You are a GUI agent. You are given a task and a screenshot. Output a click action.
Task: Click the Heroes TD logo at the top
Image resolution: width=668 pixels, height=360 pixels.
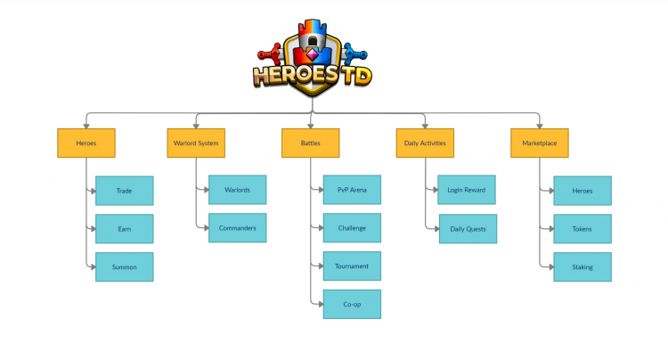(x=312, y=58)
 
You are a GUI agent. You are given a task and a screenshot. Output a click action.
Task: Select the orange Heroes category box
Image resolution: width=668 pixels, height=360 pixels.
(x=86, y=143)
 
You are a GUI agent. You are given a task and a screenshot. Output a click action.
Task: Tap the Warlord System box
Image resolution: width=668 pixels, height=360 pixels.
(x=195, y=143)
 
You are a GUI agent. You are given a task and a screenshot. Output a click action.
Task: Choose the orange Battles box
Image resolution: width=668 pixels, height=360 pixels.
(x=310, y=143)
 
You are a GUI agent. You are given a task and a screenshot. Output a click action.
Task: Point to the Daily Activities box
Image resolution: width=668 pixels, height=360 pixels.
(x=425, y=143)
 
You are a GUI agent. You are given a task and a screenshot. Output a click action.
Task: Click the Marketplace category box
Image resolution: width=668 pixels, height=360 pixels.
(x=540, y=143)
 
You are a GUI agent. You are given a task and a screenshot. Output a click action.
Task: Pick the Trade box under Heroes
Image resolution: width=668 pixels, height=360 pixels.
(x=124, y=191)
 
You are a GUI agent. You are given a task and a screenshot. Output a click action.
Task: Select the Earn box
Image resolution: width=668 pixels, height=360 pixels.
(x=124, y=229)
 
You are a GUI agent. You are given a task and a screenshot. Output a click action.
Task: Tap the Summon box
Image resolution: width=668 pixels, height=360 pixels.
(x=124, y=267)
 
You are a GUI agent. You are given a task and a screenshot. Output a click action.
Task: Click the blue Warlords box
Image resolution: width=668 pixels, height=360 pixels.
(x=237, y=190)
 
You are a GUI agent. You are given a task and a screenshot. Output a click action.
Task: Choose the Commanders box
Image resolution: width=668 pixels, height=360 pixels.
(x=237, y=228)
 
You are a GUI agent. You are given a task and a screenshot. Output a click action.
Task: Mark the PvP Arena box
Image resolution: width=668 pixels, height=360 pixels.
(x=352, y=190)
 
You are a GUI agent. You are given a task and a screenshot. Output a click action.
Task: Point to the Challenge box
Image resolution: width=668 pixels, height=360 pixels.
(x=352, y=228)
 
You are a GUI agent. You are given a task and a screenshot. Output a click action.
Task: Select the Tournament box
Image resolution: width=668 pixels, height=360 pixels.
(x=352, y=266)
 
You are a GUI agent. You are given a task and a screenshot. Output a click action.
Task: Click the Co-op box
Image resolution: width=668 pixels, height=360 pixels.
(x=352, y=304)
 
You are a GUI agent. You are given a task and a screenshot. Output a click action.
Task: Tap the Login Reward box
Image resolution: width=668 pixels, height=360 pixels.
(x=467, y=190)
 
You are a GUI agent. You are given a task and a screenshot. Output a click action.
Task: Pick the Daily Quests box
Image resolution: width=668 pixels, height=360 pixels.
(x=467, y=229)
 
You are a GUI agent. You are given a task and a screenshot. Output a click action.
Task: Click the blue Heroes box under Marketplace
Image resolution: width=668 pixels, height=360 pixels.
(x=582, y=191)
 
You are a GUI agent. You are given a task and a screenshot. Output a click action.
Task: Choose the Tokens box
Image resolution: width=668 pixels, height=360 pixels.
(x=582, y=229)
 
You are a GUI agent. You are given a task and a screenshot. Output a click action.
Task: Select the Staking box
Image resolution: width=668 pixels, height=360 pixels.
(x=582, y=267)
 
